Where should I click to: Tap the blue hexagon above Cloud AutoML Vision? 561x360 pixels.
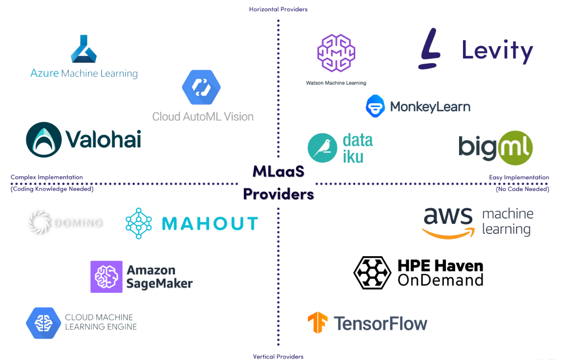tap(201, 87)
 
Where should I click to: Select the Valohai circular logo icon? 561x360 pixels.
tap(44, 140)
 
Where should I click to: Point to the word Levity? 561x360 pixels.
tap(497, 51)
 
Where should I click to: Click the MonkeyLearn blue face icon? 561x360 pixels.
tap(375, 106)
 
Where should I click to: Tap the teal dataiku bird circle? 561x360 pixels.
tap(322, 148)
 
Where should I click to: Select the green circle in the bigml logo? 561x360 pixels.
tap(515, 147)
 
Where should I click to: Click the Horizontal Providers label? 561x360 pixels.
tap(278, 9)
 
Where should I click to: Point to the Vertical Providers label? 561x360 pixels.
tap(278, 357)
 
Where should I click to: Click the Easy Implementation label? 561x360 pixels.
tap(519, 177)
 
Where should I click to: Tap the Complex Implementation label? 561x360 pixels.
tap(47, 177)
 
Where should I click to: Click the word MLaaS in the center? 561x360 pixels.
tap(278, 171)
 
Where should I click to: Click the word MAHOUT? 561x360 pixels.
tap(210, 224)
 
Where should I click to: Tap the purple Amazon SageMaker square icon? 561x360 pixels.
tap(106, 277)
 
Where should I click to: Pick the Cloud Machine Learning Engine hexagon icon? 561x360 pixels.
tap(43, 323)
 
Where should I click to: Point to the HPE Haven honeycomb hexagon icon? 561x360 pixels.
tap(372, 272)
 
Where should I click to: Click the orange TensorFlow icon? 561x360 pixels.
tap(317, 323)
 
